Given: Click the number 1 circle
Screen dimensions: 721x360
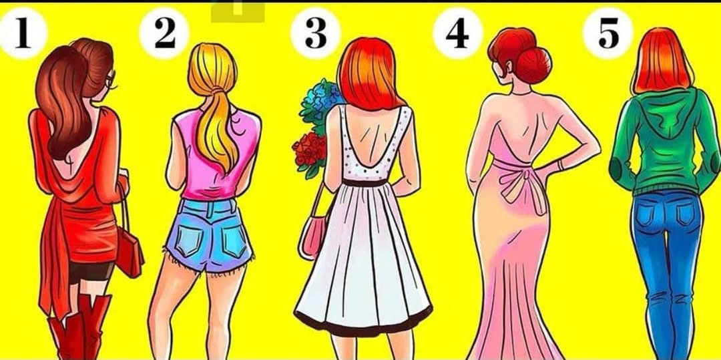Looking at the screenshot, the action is (23, 33).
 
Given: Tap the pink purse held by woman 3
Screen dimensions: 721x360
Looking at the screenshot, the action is (312, 237).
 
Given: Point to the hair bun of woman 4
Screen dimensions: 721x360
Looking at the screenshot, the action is (533, 65).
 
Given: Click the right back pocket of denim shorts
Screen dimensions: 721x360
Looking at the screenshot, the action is (235, 240).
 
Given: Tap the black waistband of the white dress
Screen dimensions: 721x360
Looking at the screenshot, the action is (366, 182).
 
